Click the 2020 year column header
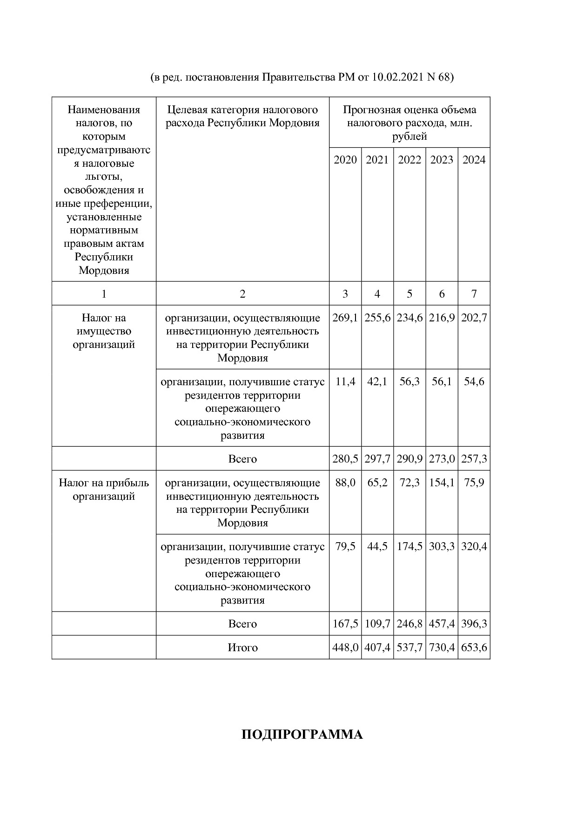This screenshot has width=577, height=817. pyautogui.click(x=345, y=160)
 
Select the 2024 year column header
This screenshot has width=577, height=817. pyautogui.click(x=474, y=160)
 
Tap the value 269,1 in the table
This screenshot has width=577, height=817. pyautogui.click(x=345, y=318)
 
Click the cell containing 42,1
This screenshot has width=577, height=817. pyautogui.click(x=377, y=382)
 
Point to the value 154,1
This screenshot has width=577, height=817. pyautogui.click(x=442, y=483)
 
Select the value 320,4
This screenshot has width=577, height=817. pyautogui.click(x=474, y=547)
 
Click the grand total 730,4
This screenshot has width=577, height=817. pyautogui.click(x=442, y=648)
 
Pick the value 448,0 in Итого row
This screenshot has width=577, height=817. pyautogui.click(x=345, y=648)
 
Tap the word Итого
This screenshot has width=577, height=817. pyautogui.click(x=242, y=648)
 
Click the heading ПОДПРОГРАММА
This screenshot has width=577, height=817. pyautogui.click(x=302, y=735)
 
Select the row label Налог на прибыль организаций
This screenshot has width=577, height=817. pyautogui.click(x=104, y=490)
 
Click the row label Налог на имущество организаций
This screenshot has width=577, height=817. pyautogui.click(x=104, y=331)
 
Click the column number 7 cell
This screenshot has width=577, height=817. pyautogui.click(x=474, y=294)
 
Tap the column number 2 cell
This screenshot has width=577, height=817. pyautogui.click(x=242, y=294)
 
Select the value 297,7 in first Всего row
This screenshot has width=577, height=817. pyautogui.click(x=377, y=459)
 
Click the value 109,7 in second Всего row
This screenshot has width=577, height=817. pyautogui.click(x=377, y=624)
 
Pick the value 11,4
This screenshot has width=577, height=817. pyautogui.click(x=345, y=382)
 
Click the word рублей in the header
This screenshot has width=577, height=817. pyautogui.click(x=409, y=137)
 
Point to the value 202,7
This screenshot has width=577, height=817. pyautogui.click(x=474, y=318)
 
